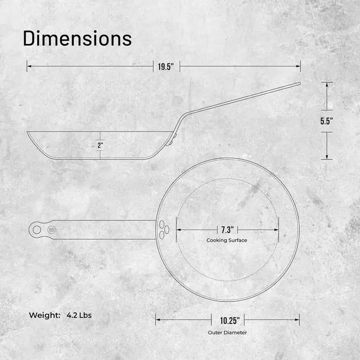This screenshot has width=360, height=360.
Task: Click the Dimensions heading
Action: click(77, 38)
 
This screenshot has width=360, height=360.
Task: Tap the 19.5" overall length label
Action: click(165, 66)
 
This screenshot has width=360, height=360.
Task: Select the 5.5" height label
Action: click(327, 121)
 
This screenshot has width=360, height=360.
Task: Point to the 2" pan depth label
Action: click(100, 145)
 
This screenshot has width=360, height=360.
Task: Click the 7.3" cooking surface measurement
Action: click(227, 229)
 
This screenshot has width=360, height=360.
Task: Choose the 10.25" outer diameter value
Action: click(227, 320)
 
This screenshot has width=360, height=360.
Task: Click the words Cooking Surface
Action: click(227, 240)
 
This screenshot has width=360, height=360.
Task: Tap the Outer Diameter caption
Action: click(227, 332)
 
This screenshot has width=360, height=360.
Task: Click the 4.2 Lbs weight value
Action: click(78, 315)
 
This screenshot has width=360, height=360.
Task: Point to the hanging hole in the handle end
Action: click(37, 229)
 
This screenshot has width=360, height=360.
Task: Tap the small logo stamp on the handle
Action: click(52, 229)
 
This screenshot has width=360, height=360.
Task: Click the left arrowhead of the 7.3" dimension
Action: click(178, 229)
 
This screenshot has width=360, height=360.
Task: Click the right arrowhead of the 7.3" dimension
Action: click(277, 229)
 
